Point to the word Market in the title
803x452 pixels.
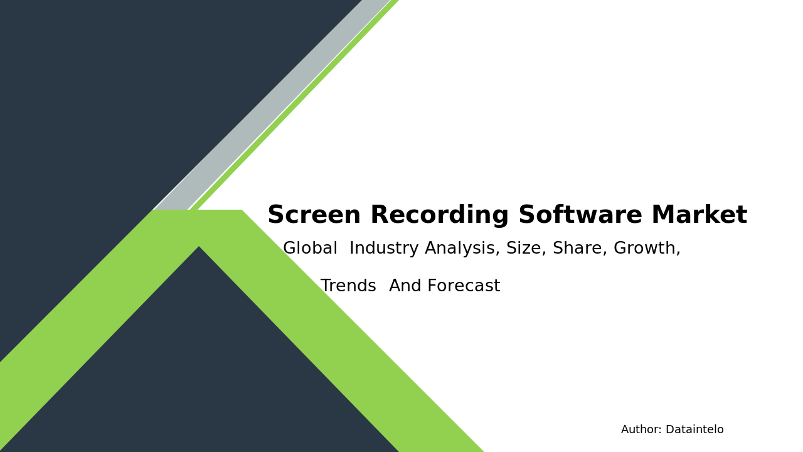(x=699, y=216)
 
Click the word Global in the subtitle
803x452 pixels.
(x=310, y=249)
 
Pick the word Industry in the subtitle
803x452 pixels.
(x=384, y=249)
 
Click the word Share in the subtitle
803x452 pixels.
(x=580, y=249)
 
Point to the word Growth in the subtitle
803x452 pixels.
(x=647, y=249)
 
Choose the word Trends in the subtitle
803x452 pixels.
(x=348, y=287)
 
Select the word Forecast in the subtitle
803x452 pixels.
(x=462, y=287)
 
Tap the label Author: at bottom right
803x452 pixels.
(x=641, y=430)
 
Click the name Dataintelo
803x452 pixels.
(x=694, y=430)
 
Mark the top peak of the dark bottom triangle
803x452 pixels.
(x=199, y=247)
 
